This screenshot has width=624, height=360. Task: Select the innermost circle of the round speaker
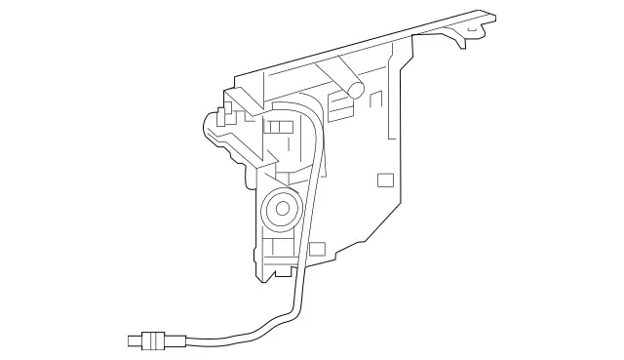283,208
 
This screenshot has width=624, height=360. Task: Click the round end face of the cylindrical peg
357,90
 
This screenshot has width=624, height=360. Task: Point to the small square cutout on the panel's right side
385,180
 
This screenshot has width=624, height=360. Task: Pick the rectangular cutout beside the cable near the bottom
317,250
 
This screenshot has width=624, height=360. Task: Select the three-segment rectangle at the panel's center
279,128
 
